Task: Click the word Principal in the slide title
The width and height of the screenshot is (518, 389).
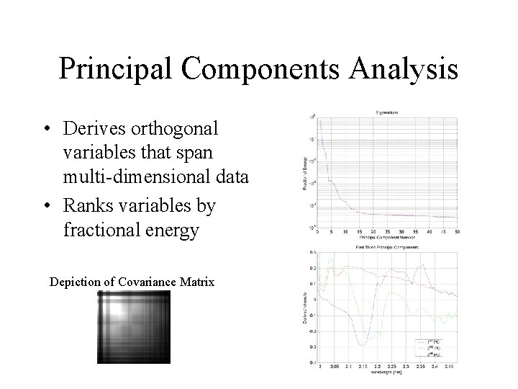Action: [117, 70]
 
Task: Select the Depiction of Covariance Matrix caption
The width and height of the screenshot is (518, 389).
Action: [132, 281]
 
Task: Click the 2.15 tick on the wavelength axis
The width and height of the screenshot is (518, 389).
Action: [364, 366]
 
